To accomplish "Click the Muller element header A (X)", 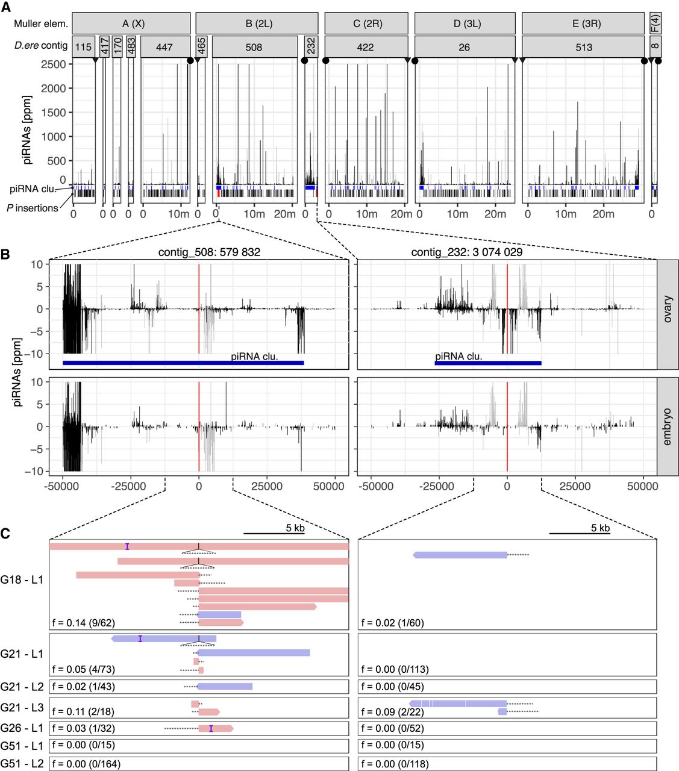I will pos(133,23).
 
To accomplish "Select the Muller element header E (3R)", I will pos(583,23).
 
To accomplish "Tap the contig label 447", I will pos(164,47).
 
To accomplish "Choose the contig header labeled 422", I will pos(366,47).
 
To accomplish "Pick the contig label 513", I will pos(583,47).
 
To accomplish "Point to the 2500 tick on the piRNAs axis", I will pos(54,64).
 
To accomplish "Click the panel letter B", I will pos(5,254).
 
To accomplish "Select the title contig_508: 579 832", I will pos(209,252).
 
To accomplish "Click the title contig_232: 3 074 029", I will pos(467,252).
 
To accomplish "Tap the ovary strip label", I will pos(668,309).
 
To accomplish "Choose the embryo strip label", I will pos(668,427).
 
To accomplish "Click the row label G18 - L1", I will pos(22,580).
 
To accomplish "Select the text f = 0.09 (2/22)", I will pos(392,711).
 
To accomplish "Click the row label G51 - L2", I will pos(22,764).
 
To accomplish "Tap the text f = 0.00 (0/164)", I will pos(86,764).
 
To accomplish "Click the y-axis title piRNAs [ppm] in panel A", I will pos(27,130).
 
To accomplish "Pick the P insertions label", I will pos(33,208).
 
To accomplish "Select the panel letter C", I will pos(5,533).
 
